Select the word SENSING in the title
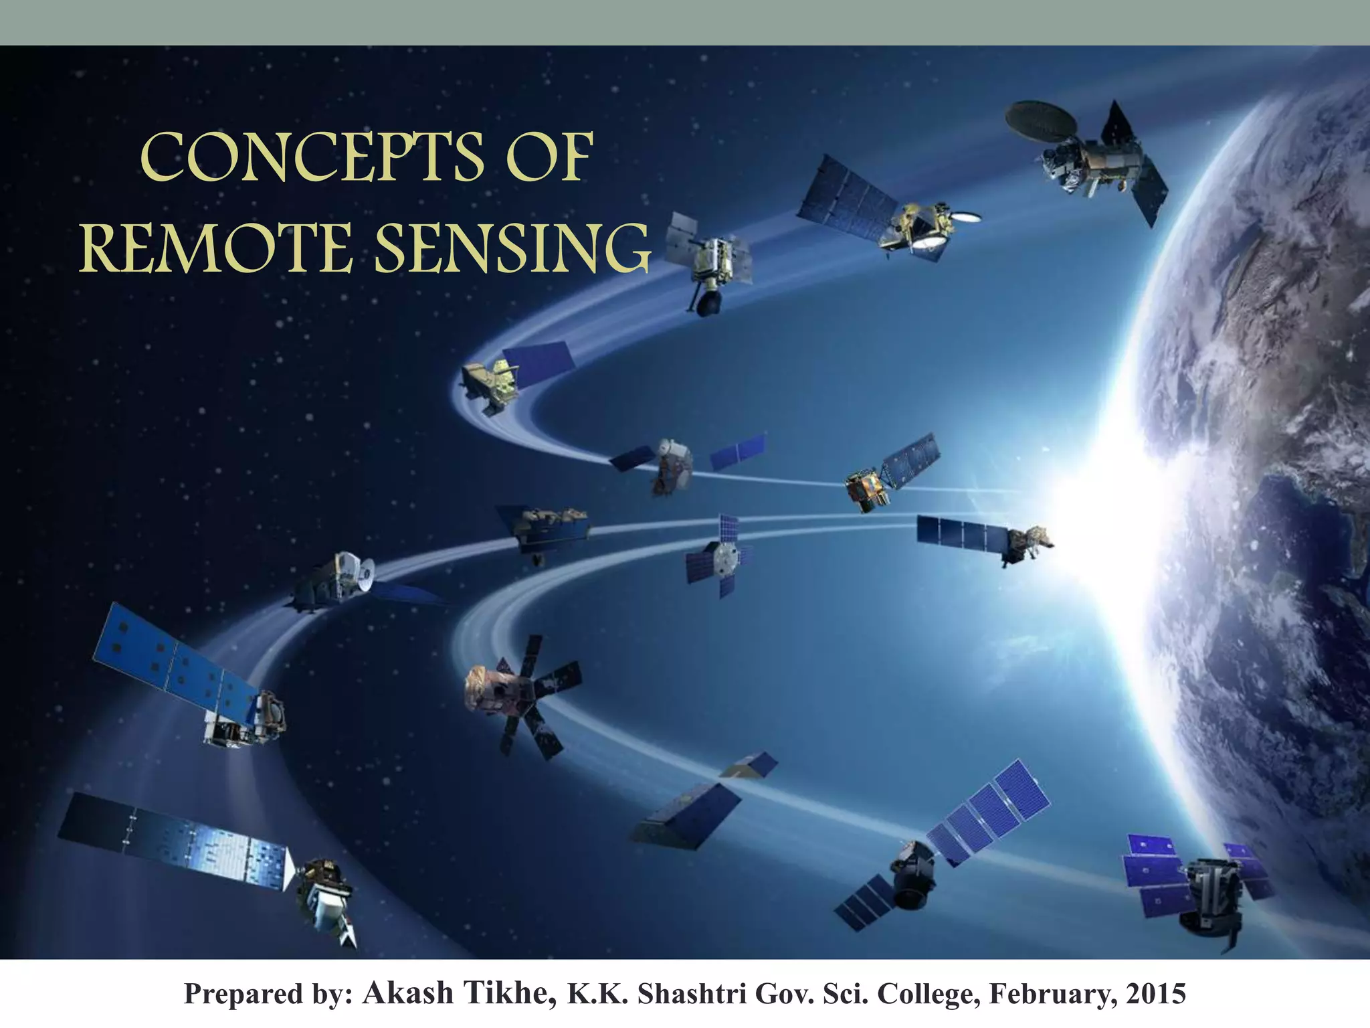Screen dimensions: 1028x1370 click(512, 248)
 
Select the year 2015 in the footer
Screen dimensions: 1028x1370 click(1155, 995)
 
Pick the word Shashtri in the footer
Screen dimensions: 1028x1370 click(692, 995)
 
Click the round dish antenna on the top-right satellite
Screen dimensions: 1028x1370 click(1041, 119)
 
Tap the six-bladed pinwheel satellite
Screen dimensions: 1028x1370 click(522, 696)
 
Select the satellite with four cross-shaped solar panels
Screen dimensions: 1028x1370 click(719, 555)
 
